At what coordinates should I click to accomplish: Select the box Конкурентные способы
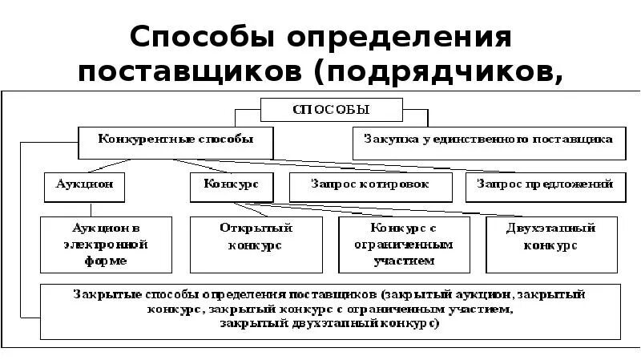175,140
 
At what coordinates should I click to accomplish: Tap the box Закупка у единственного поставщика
489,140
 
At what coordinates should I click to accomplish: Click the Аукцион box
84,184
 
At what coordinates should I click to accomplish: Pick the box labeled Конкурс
231,184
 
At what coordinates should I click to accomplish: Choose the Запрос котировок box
369,184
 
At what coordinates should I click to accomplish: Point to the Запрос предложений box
545,184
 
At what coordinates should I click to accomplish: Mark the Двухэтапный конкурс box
551,237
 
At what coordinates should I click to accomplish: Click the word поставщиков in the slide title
191,74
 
